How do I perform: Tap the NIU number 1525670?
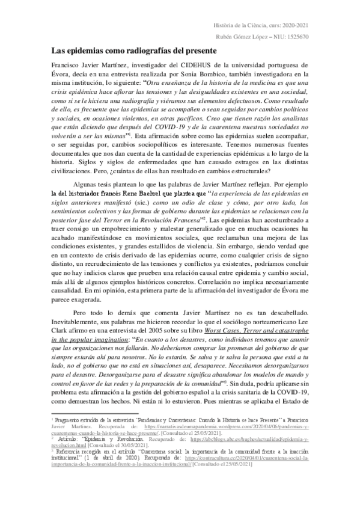(295, 36)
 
